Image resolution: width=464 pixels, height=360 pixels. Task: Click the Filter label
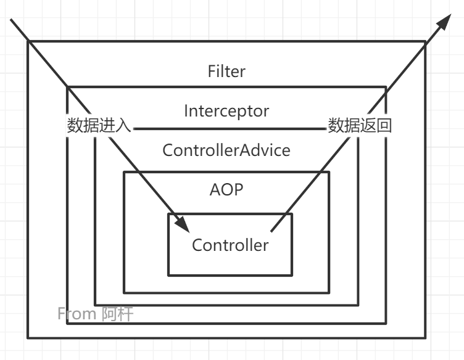(226, 72)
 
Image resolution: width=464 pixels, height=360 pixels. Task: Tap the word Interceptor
(226, 111)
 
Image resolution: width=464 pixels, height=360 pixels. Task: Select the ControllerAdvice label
(226, 150)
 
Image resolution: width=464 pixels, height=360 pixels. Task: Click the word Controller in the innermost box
(230, 245)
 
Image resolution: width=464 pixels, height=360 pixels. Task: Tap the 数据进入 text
(99, 126)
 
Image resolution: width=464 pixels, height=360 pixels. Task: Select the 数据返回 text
(360, 126)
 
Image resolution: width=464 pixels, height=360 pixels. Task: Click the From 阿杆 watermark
(96, 314)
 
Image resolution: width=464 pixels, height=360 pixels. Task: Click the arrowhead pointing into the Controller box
(184, 226)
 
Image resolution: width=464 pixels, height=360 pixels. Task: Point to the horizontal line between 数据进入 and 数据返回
(229, 129)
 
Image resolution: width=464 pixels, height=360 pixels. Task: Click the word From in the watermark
(77, 314)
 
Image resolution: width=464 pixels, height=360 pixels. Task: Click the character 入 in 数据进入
(123, 126)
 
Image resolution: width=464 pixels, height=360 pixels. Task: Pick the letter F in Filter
(212, 72)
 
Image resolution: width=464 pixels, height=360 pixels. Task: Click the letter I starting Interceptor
(186, 111)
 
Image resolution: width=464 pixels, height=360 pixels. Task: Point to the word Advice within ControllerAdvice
(267, 150)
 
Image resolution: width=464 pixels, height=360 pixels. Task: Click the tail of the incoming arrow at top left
(13, 23)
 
